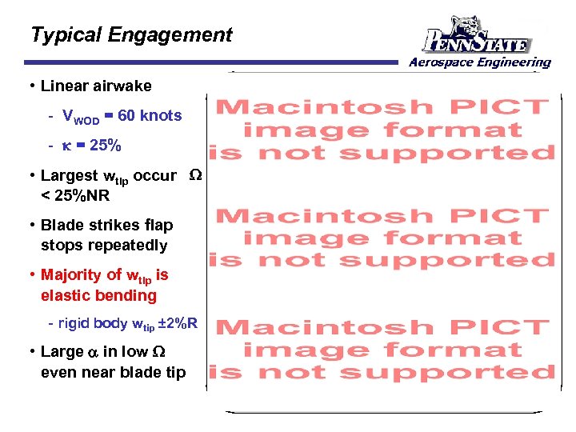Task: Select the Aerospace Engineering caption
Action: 479,62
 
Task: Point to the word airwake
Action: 119,86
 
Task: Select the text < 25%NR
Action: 79,196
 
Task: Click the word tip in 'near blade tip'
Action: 175,372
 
